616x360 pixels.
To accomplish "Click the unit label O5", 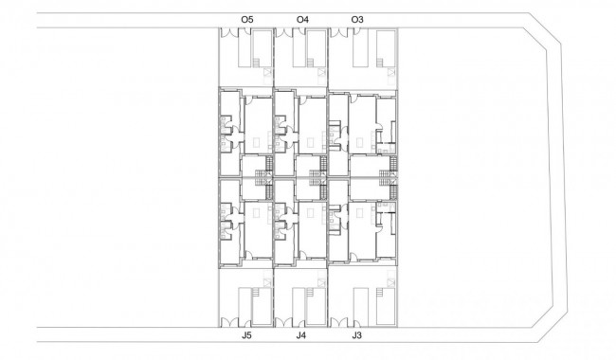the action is (247, 19).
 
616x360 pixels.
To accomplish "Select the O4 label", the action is (302, 19).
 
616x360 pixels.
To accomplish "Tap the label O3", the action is (357, 19).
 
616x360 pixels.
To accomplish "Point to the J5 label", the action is (246, 335).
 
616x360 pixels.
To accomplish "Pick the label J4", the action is (301, 335).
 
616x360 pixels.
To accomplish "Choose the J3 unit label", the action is (356, 335).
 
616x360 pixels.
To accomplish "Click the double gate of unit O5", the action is (228, 32).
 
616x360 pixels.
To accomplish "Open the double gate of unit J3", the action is (338, 323).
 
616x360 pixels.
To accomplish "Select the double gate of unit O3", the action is (338, 32).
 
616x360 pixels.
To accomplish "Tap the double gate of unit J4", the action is (283, 323).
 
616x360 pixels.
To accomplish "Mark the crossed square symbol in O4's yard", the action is (322, 72).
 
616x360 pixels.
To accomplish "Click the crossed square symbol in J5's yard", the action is (267, 282).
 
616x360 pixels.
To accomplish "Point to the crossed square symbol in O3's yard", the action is (390, 72).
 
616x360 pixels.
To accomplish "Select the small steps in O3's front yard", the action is (380, 63).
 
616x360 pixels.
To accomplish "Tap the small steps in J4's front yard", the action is (310, 293).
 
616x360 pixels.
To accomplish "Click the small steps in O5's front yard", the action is (256, 63).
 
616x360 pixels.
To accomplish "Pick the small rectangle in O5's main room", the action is (256, 142).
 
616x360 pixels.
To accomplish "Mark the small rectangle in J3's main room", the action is (359, 213).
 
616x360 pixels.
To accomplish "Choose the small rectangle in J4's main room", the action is (310, 213).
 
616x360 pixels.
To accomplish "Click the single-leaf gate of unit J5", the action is (247, 323).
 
